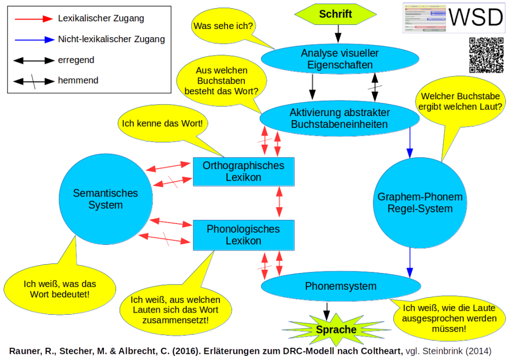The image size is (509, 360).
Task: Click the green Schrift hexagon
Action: click(x=335, y=14)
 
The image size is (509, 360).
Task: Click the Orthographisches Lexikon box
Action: click(x=243, y=172)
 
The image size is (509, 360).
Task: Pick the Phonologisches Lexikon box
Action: click(x=243, y=235)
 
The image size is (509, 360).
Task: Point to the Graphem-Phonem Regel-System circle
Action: click(x=412, y=202)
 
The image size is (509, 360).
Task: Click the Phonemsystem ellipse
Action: click(x=341, y=286)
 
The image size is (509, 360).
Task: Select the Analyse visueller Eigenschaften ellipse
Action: click(x=340, y=59)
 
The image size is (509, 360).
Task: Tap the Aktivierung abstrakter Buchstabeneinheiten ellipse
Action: click(x=340, y=118)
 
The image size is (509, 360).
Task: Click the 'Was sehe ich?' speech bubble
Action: click(x=223, y=26)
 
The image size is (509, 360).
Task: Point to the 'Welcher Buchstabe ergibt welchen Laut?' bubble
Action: click(x=460, y=101)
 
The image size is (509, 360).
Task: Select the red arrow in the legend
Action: click(x=33, y=19)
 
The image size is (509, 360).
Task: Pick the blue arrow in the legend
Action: click(x=33, y=39)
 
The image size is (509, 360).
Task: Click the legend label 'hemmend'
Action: click(x=78, y=80)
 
